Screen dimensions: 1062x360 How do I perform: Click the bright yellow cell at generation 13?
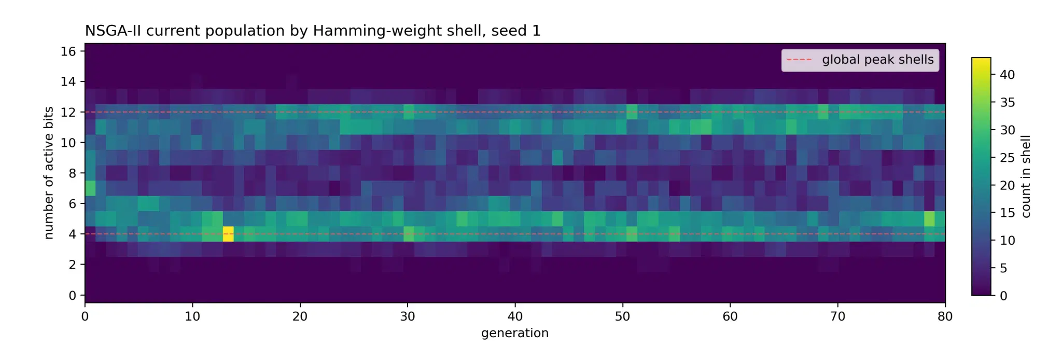(228, 234)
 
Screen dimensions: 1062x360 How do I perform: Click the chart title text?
(313, 31)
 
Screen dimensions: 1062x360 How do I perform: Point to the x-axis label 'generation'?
(515, 333)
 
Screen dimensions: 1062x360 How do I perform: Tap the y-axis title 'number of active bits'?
(49, 173)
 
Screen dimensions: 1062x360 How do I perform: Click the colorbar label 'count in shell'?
(1026, 176)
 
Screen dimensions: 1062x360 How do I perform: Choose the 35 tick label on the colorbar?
(1008, 102)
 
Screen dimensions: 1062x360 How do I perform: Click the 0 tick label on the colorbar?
(1003, 296)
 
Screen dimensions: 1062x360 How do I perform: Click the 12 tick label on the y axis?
(68, 112)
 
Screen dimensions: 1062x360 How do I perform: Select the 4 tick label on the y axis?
(72, 234)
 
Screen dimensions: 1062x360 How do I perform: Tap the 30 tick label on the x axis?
(408, 316)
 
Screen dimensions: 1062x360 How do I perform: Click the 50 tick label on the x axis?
(623, 316)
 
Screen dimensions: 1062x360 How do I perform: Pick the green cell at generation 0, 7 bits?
(90, 188)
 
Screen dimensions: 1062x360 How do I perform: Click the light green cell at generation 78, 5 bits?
(929, 219)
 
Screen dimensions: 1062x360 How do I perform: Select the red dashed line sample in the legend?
(799, 60)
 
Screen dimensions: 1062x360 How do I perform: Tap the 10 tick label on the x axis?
(192, 316)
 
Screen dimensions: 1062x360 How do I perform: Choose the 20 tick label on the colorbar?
(1008, 185)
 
